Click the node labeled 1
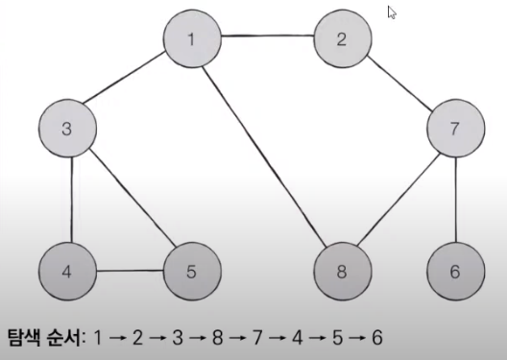[x=192, y=39]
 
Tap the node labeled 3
[x=67, y=130]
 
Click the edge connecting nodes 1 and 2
[x=268, y=39]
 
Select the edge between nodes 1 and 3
[x=130, y=84]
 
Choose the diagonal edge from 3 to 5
[x=130, y=200]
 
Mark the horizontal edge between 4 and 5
[x=130, y=270]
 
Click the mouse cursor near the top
[x=392, y=12]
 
